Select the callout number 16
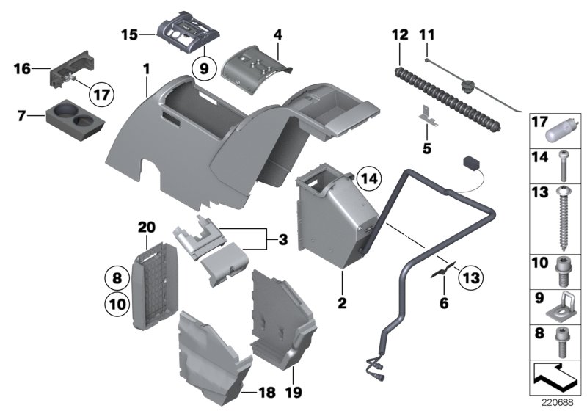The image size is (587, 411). (x=21, y=70)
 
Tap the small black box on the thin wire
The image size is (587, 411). (x=470, y=162)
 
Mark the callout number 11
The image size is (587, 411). (x=426, y=34)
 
